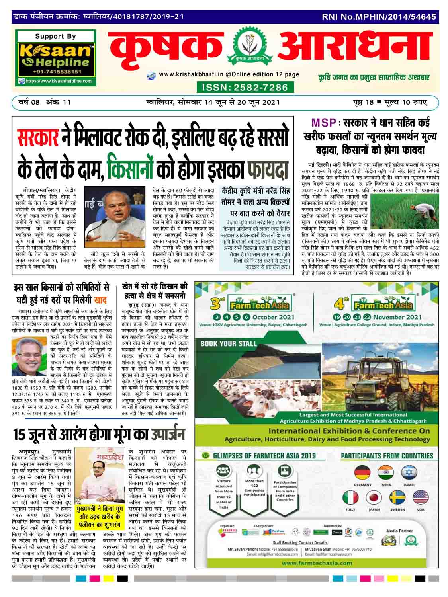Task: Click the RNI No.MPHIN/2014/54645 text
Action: (379, 17)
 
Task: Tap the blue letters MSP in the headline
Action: (324, 123)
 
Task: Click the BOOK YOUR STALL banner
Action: (228, 343)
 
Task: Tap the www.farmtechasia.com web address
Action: (317, 563)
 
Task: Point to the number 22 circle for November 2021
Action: (360, 317)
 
